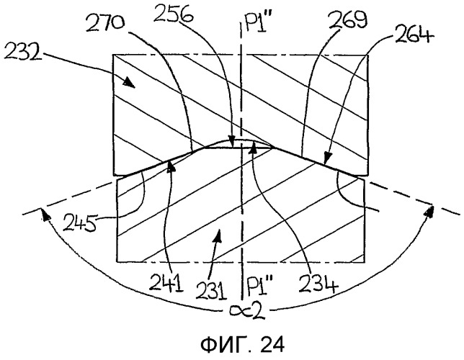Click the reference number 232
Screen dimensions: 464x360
pos(22,53)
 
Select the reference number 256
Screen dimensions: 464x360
pos(174,14)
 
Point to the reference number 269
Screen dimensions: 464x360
pos(348,18)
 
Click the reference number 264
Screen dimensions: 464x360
pos(414,35)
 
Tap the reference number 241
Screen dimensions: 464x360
pos(166,282)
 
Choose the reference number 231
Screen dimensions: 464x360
pos(211,290)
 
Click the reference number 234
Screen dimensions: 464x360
pos(318,283)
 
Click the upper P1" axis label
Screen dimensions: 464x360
pos(257,22)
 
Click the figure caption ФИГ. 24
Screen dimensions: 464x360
pos(242,345)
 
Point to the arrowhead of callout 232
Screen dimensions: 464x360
pos(130,83)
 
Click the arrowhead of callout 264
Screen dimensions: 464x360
pos(326,158)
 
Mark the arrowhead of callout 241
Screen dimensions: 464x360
pos(171,166)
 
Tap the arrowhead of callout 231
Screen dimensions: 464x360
pos(218,235)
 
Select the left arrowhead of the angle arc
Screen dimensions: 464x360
pos(45,214)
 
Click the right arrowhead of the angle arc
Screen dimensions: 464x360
pos(429,212)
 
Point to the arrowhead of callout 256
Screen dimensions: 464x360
pos(232,143)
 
